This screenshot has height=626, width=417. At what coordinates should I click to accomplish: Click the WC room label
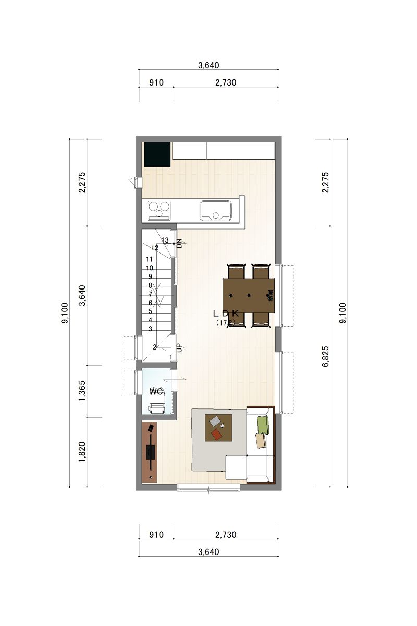coord(156,391)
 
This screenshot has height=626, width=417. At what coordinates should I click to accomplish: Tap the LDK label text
coord(226,314)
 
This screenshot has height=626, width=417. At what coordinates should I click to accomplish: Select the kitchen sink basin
coord(216,210)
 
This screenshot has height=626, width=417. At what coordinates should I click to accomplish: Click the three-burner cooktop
coord(159,210)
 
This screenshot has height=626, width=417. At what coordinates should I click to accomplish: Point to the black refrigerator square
coord(157,154)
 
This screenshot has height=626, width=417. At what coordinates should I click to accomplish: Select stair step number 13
coord(165,240)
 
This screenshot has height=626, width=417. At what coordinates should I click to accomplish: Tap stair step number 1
coord(171,357)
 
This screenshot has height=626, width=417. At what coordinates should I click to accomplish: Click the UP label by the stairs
coord(180,348)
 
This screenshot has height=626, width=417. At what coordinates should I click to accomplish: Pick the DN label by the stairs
coord(180,243)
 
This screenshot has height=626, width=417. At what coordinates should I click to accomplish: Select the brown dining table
coord(249,295)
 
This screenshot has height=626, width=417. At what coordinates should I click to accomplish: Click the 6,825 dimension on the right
coord(326,357)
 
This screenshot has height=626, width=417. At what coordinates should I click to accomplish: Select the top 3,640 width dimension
coord(208,65)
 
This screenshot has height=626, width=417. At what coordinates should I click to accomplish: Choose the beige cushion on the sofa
coord(261,441)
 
